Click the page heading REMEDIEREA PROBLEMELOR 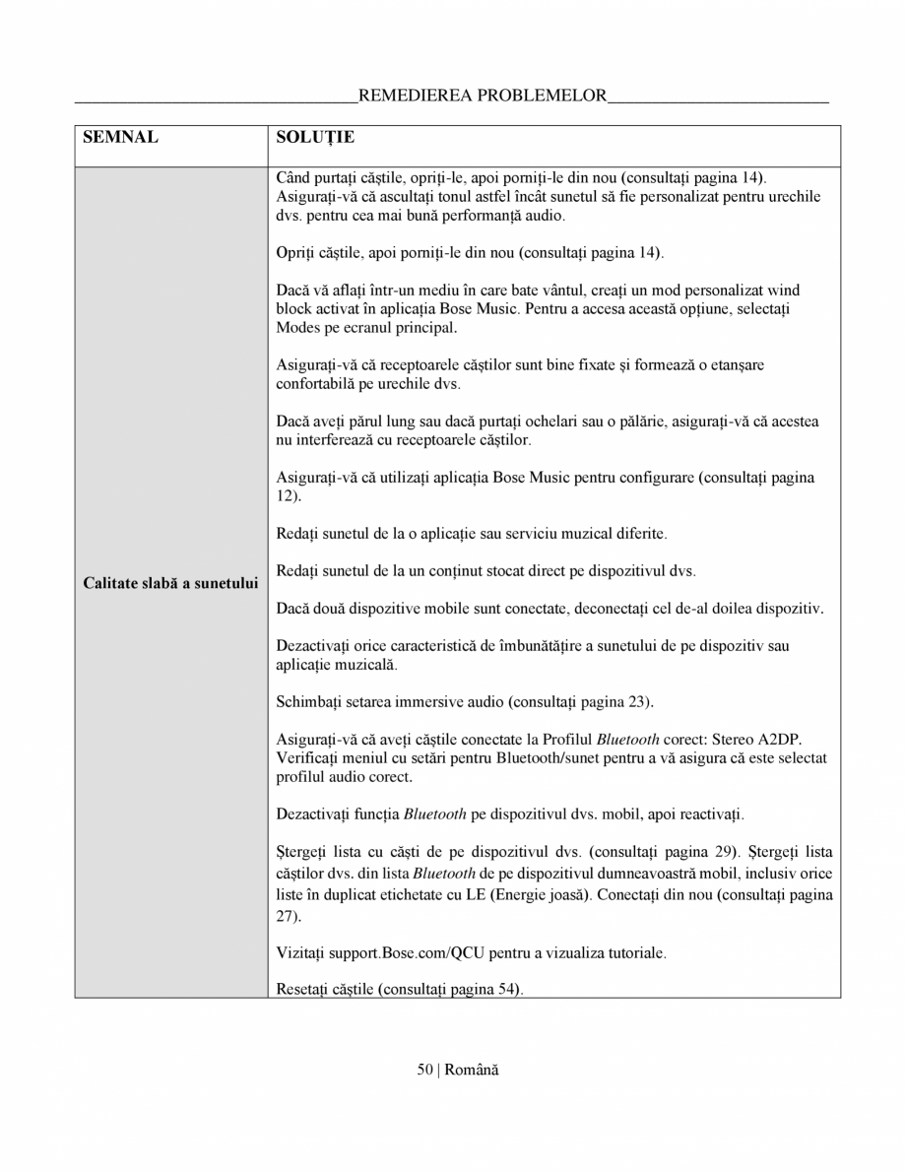click(483, 96)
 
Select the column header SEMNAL click(121, 137)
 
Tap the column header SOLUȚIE click(315, 137)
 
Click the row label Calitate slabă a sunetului click(170, 583)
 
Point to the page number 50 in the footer click(424, 1070)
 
